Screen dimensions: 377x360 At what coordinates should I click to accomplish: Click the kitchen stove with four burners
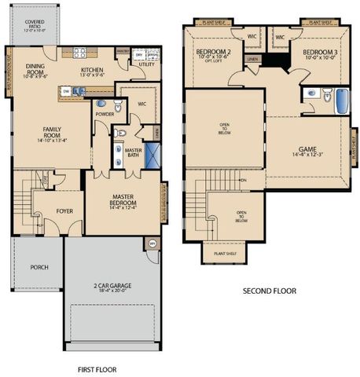80,53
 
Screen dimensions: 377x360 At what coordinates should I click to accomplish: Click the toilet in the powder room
118,106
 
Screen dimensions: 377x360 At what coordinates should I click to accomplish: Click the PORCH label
39,267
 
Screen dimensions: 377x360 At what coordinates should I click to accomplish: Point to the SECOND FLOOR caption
269,291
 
